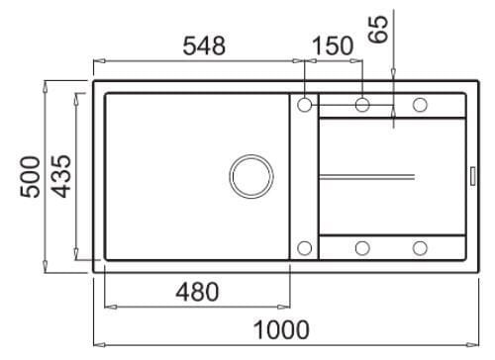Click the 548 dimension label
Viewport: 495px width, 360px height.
204,45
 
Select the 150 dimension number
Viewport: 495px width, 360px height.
333,45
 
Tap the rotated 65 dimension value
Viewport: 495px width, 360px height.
378,29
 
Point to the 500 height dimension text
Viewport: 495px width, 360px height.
31,177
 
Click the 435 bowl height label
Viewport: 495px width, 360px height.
61,176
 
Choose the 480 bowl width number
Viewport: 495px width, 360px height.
197,292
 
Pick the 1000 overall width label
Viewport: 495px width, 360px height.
281,329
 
